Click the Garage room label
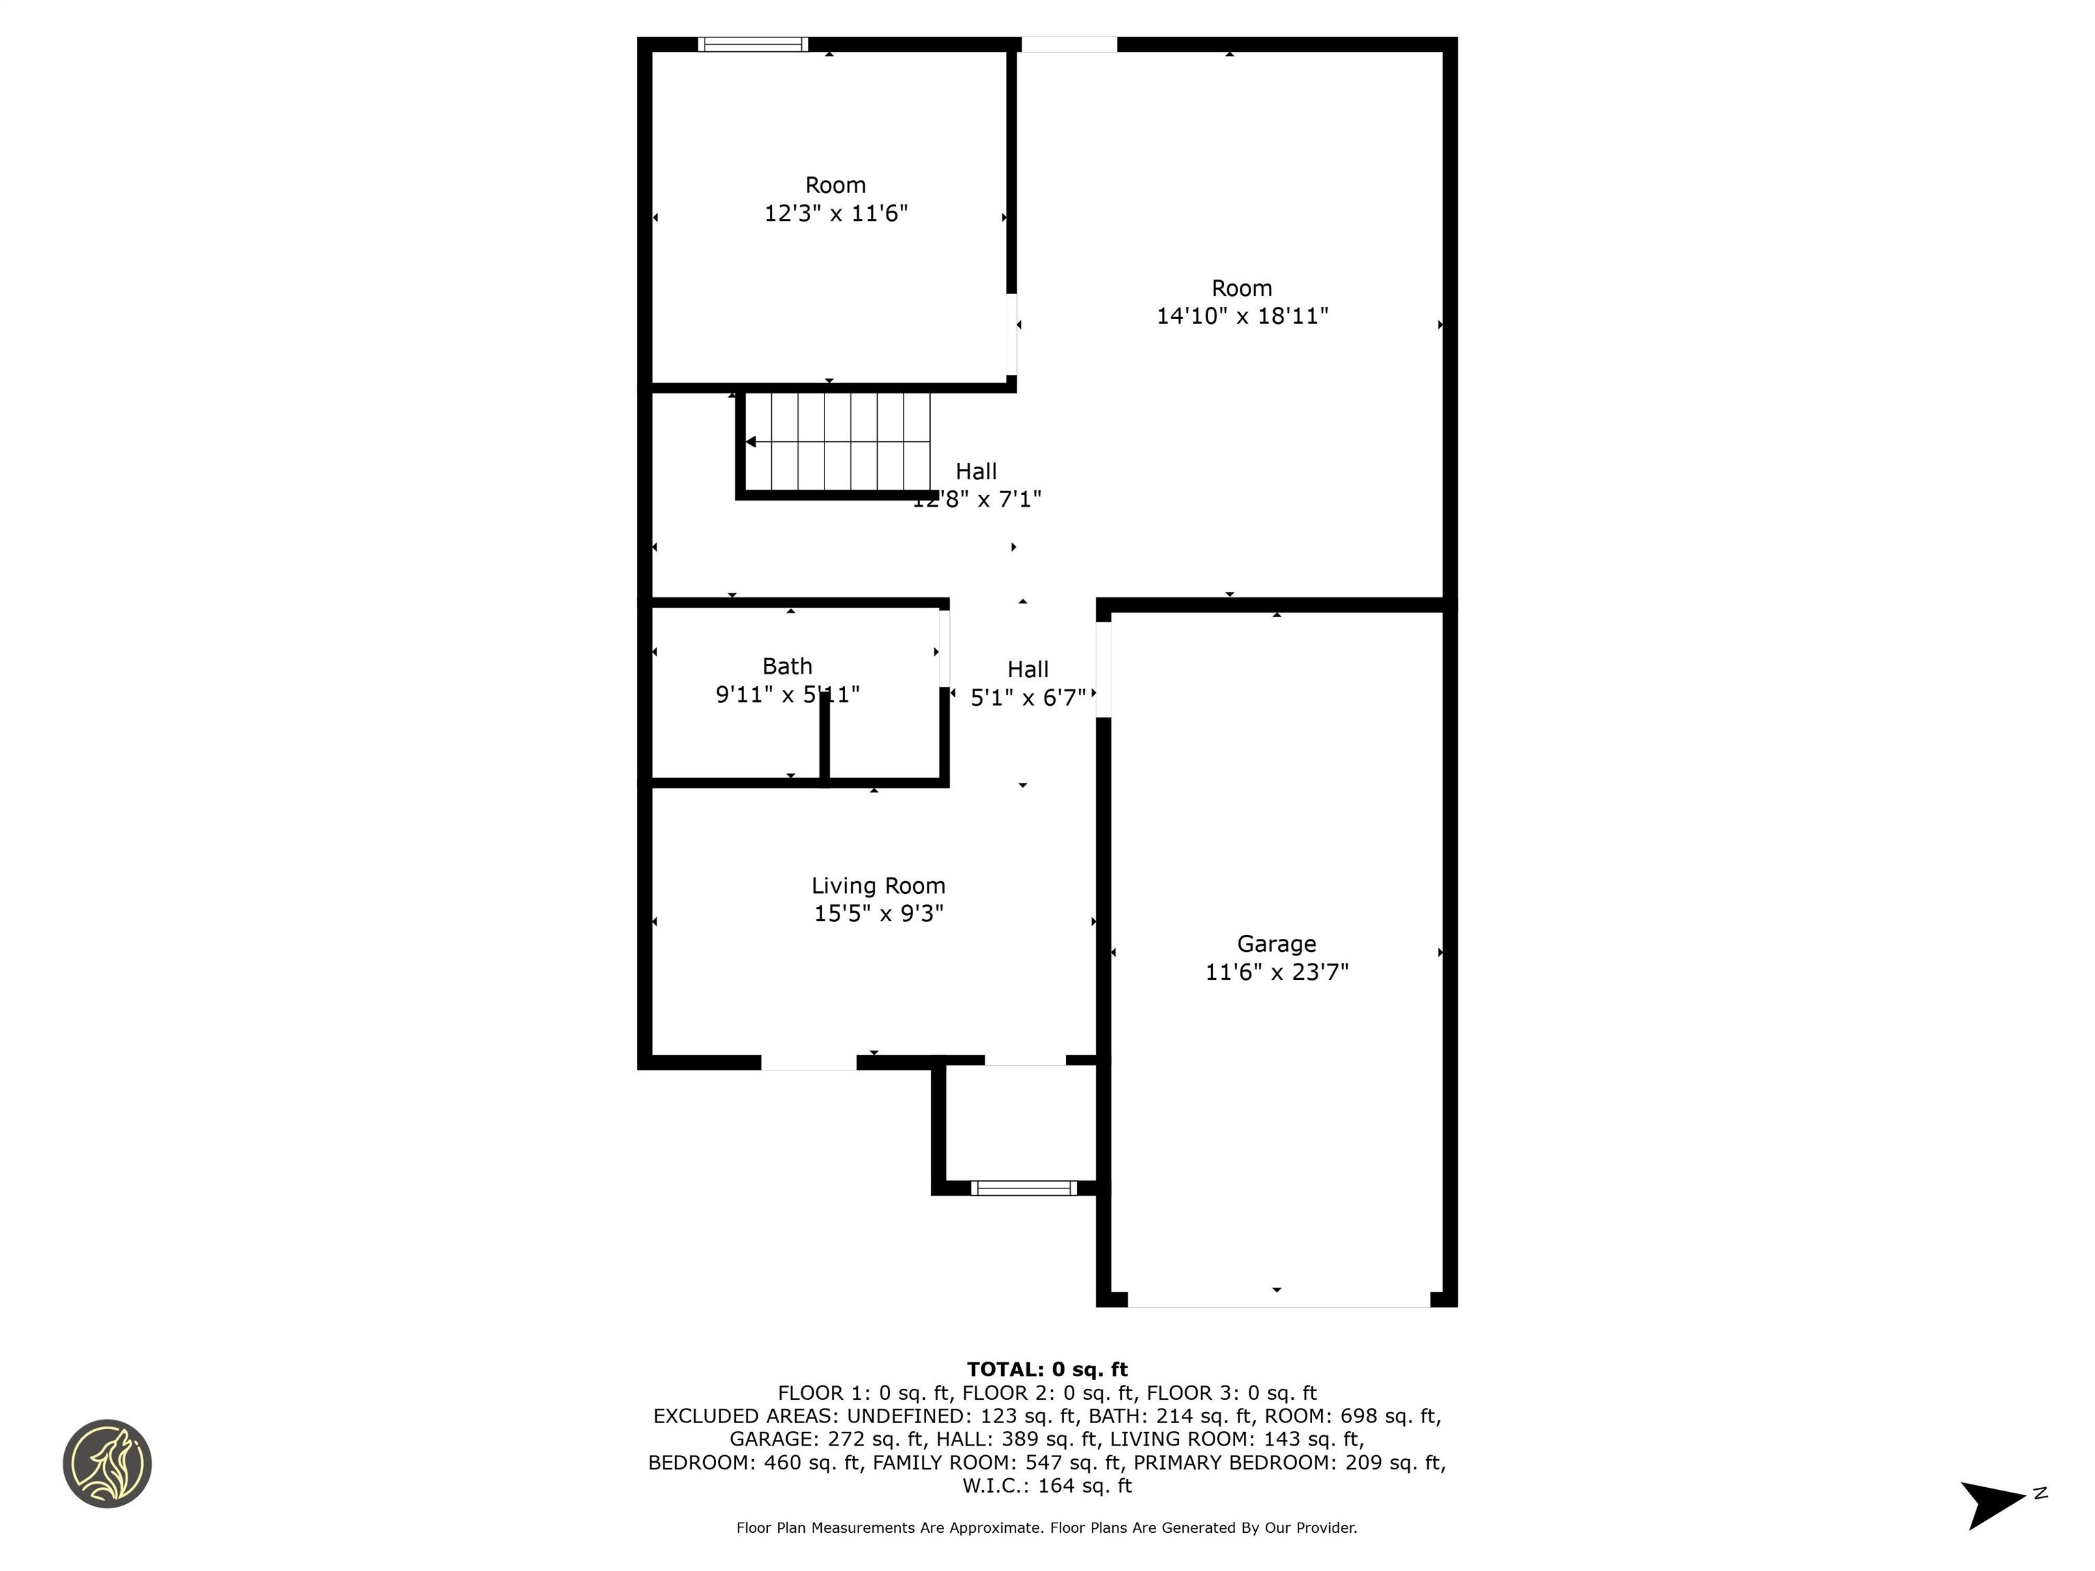[1276, 944]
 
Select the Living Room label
[878, 886]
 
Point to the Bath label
[787, 667]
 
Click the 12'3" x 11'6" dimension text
[835, 213]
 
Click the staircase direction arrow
[751, 443]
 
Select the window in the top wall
[753, 44]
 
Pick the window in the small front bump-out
[1024, 1188]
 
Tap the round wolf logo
[107, 1463]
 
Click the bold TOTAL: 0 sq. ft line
[1047, 1369]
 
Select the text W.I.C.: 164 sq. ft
[1047, 1486]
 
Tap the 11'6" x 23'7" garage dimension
[1276, 972]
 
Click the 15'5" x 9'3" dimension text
[878, 914]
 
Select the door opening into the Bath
[945, 648]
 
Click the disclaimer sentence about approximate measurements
[1047, 1527]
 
